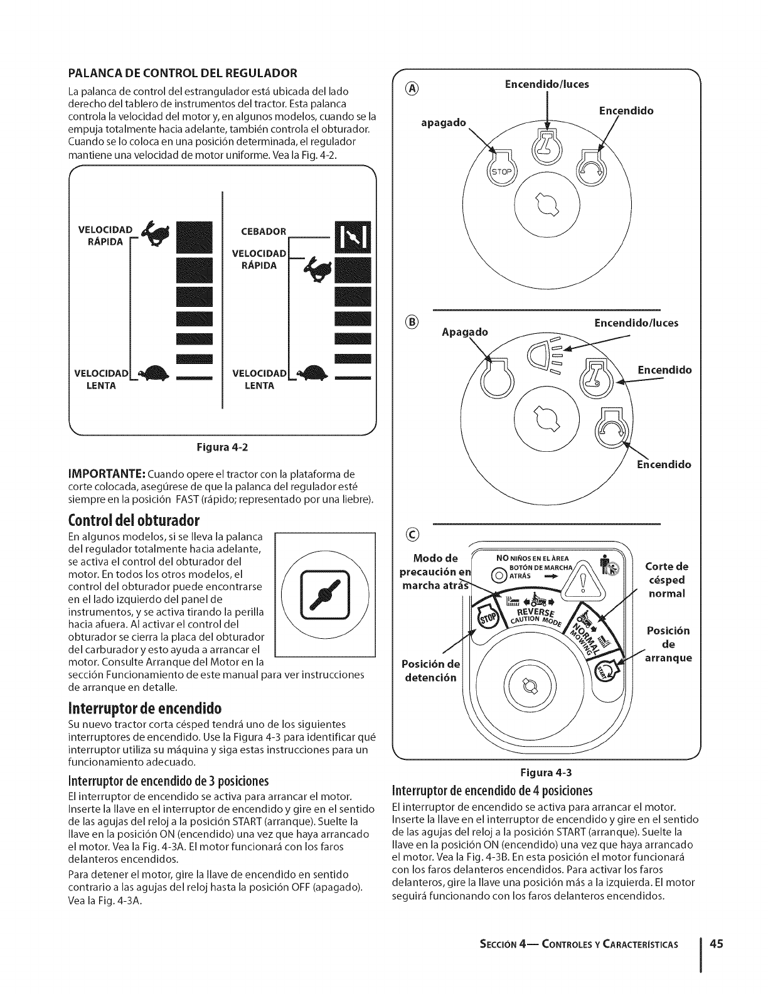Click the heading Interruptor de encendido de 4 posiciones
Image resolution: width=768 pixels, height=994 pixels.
(x=492, y=789)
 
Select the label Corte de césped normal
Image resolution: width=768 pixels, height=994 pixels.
(x=666, y=579)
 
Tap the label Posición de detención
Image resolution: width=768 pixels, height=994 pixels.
(x=430, y=671)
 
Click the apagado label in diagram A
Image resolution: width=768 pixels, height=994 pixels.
(x=443, y=123)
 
